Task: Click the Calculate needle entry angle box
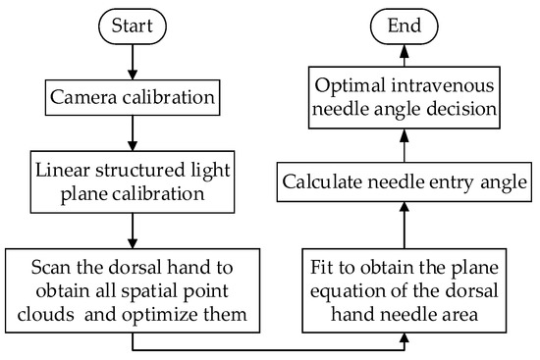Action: (405, 181)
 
